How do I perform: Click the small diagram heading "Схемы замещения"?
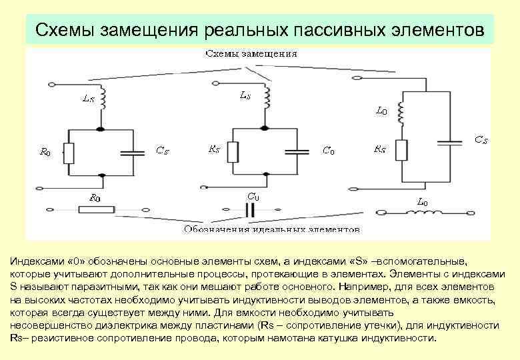251,53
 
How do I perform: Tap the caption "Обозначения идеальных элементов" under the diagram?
271,229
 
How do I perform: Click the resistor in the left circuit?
69,153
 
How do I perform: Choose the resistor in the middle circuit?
233,152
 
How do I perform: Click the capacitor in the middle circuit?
297,152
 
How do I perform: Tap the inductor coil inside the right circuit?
401,113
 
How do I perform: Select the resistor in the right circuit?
401,150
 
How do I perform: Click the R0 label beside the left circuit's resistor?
46,152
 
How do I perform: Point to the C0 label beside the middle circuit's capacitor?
328,151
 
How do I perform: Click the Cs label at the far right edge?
481,140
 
